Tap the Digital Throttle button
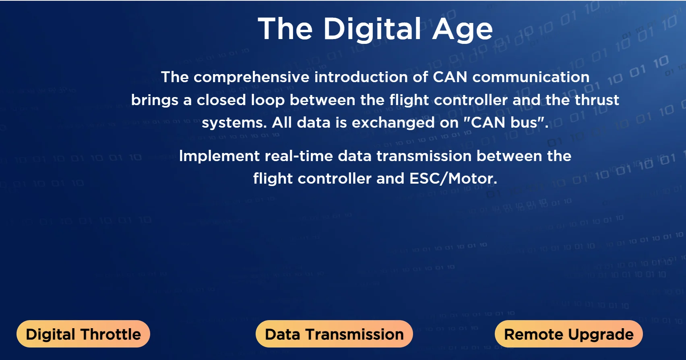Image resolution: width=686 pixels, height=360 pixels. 83,334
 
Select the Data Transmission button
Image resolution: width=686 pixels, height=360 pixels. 334,334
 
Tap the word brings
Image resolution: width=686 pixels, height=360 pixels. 155,101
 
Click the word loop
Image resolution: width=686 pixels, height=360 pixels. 268,101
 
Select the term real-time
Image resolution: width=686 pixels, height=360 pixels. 299,156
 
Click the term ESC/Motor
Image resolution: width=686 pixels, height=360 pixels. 453,178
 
